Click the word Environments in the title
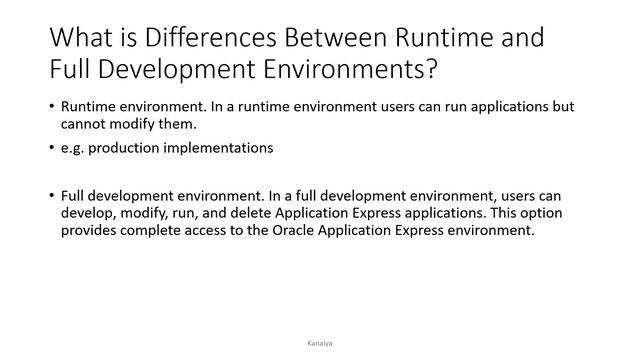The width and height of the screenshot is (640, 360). (x=336, y=74)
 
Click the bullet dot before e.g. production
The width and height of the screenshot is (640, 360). (x=51, y=149)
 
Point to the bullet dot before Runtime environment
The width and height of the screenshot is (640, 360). (x=51, y=107)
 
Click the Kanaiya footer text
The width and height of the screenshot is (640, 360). (x=319, y=341)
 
